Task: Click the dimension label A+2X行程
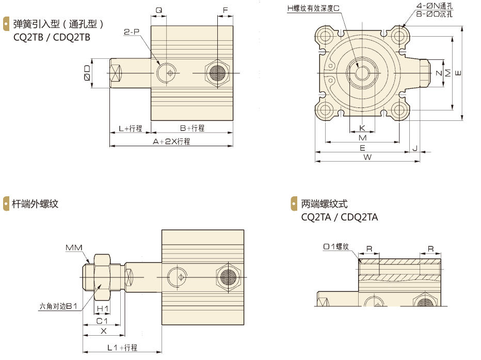point(171,142)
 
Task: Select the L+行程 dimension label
point(130,128)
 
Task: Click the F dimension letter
point(225,10)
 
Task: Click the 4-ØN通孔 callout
point(436,6)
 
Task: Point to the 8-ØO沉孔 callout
point(435,14)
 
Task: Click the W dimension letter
point(367,157)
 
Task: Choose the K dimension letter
point(362,128)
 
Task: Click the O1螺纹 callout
point(336,247)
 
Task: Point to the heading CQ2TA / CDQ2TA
point(340,217)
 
